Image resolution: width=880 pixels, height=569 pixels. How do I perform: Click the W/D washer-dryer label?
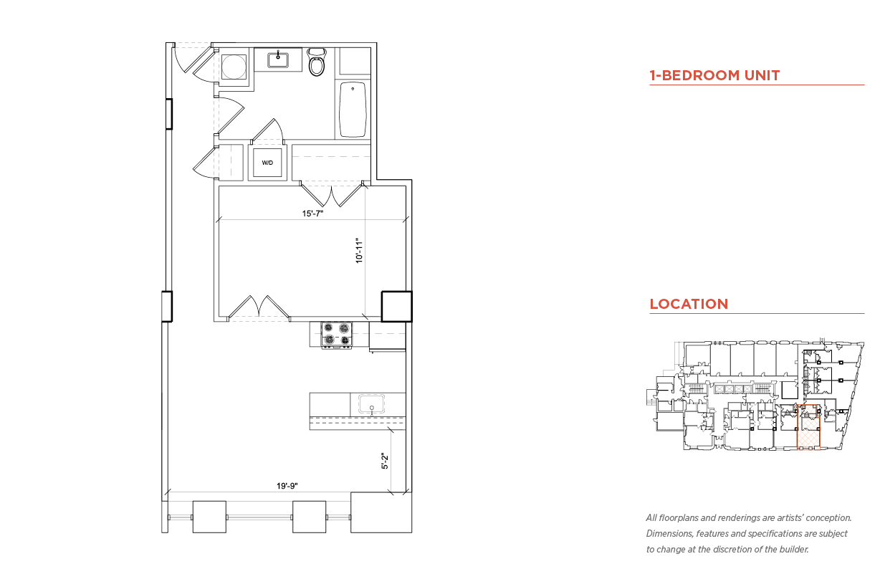[x=267, y=163]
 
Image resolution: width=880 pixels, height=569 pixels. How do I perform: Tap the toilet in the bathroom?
[x=317, y=62]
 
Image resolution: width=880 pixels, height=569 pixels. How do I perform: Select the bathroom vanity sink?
[x=278, y=60]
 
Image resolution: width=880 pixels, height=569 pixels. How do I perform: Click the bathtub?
[x=353, y=109]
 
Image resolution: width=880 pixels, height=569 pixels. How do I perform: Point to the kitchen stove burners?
[x=337, y=334]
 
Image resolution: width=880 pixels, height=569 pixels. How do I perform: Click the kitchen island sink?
[x=371, y=404]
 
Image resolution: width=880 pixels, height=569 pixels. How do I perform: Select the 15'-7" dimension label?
[x=312, y=214]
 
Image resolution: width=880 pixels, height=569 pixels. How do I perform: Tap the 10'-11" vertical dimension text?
[x=359, y=250]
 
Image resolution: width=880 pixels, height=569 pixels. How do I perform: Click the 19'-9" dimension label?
[x=287, y=486]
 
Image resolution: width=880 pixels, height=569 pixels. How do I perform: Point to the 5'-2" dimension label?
[x=385, y=461]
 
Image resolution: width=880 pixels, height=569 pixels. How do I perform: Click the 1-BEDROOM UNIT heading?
[x=714, y=75]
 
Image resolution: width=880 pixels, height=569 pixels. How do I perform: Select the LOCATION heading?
[x=689, y=304]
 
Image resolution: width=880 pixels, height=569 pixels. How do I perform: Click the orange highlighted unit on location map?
[x=808, y=427]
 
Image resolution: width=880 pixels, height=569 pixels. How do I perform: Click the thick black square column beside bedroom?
[x=397, y=307]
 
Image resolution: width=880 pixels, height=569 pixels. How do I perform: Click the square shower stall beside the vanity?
[x=234, y=67]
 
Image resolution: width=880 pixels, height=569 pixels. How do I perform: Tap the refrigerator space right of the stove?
[x=388, y=335]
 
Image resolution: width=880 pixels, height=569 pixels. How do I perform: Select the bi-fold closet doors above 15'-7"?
[x=332, y=193]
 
